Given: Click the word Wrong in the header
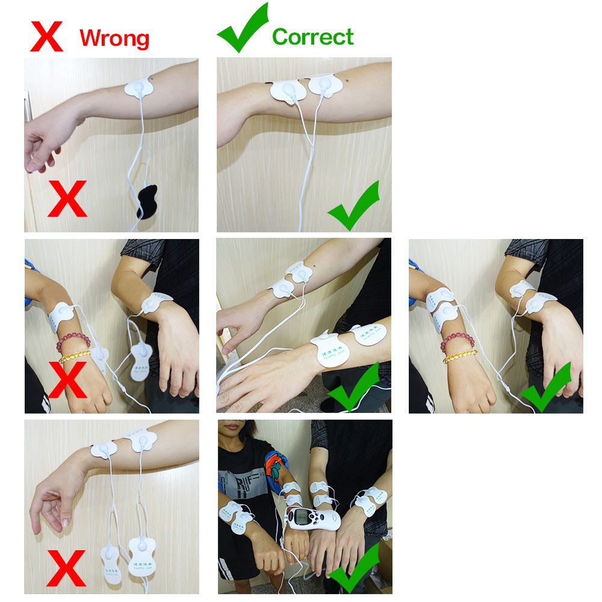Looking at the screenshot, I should (x=114, y=38).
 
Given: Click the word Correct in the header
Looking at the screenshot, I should (x=312, y=37).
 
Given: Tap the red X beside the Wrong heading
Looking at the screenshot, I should (x=47, y=37).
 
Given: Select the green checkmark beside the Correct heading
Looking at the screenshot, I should (x=242, y=28).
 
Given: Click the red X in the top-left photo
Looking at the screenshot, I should (x=67, y=199).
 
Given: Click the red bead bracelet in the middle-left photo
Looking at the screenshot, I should (x=72, y=341).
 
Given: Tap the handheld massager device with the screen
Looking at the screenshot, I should (x=311, y=518).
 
